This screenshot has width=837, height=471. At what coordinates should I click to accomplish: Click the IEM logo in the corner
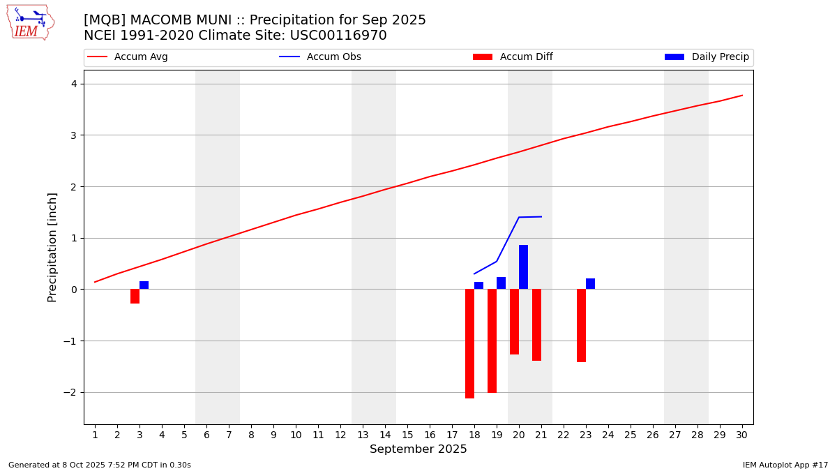coord(30,22)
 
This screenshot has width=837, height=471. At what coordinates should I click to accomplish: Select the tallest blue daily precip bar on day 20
coord(523,267)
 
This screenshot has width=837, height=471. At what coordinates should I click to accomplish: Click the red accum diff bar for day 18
coord(469,343)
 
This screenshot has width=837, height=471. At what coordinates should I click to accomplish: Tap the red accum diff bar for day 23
coord(581,325)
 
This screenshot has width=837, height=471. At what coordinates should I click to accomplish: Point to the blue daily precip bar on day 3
coord(144,285)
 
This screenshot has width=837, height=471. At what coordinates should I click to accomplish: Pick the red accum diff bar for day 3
coord(135,297)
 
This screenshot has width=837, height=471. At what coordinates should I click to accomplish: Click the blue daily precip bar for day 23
coord(590,284)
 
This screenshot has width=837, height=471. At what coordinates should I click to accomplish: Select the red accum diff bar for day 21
coord(536,324)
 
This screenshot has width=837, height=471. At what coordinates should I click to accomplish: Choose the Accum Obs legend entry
coord(320,57)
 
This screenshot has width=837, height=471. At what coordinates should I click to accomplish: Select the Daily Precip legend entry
coord(707,57)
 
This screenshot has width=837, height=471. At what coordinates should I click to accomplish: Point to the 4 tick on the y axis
coord(74,84)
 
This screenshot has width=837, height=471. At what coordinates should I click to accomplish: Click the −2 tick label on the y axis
coord(70,392)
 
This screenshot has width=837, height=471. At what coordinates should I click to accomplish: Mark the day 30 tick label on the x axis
coord(741,435)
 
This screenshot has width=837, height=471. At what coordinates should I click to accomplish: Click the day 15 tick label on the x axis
coord(407,435)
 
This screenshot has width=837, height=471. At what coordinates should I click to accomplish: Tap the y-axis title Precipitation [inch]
coord(52,247)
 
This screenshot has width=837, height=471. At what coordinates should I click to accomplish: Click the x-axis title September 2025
coord(418,449)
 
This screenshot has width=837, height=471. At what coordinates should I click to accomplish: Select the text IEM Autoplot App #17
coord(785,465)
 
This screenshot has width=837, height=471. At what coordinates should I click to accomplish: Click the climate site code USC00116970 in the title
coord(346,36)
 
